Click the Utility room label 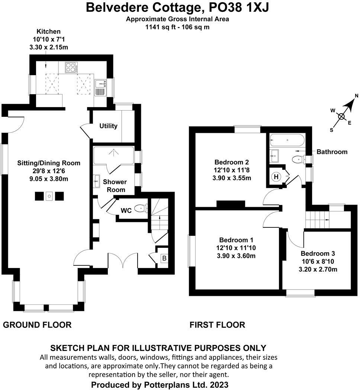click(x=108, y=126)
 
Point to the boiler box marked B click(x=163, y=257)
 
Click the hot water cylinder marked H click(x=276, y=177)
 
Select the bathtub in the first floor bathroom click(x=287, y=141)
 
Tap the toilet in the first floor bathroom click(x=298, y=160)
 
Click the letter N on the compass click(x=356, y=96)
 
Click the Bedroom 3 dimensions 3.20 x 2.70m click(x=318, y=269)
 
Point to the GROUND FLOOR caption click(x=37, y=325)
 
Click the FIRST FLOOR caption click(x=217, y=325)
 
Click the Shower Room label click(x=115, y=186)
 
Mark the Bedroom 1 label click(x=237, y=240)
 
